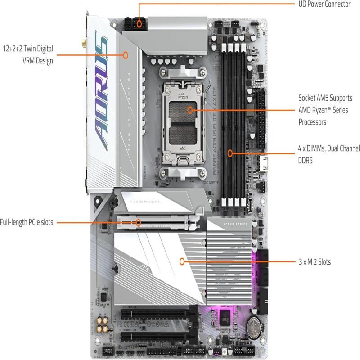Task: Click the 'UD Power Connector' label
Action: pyautogui.click(x=324, y=4)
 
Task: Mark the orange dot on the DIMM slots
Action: pyautogui.click(x=230, y=153)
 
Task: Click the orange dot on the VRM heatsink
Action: pyautogui.click(x=126, y=56)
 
